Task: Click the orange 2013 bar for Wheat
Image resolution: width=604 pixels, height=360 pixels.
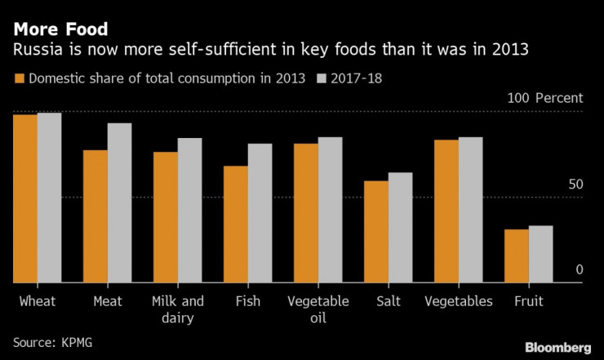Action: coord(25,198)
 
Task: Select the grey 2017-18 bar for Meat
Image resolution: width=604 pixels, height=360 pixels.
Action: coord(120,202)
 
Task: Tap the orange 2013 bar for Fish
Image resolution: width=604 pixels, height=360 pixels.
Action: coord(236,224)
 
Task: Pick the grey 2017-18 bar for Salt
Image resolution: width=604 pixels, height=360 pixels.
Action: coord(400,227)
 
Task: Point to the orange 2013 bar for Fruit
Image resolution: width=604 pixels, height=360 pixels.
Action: coord(517,256)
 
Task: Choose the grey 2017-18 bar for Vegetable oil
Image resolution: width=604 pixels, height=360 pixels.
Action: coord(331,210)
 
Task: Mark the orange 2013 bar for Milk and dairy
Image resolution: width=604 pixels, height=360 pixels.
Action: coord(166,217)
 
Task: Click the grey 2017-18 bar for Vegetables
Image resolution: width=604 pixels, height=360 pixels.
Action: coord(471,210)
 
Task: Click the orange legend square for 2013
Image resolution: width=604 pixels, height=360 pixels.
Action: coord(20,79)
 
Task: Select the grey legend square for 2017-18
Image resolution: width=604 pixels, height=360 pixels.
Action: coord(323,79)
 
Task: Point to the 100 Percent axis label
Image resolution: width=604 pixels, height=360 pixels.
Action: coord(545,98)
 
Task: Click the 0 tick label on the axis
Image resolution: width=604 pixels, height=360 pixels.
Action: coord(580,269)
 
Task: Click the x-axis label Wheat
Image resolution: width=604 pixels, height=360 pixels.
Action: coord(37,301)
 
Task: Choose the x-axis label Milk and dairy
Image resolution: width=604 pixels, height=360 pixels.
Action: coord(177,309)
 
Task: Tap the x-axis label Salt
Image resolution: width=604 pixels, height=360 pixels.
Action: coord(388,301)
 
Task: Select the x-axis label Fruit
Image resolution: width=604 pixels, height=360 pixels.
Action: coord(528,301)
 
